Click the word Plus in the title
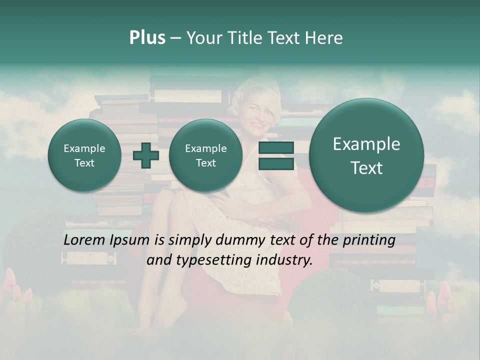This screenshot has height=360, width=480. (x=147, y=38)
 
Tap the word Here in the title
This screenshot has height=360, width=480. (x=324, y=38)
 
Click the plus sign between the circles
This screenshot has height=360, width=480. (x=145, y=155)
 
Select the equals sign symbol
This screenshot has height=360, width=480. (x=276, y=155)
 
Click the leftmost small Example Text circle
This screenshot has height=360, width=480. (x=84, y=155)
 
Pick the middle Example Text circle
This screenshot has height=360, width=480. (x=205, y=155)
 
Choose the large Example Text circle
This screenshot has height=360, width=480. (x=366, y=155)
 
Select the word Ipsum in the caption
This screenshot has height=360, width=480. (x=131, y=240)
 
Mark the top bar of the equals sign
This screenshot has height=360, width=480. (x=276, y=148)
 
